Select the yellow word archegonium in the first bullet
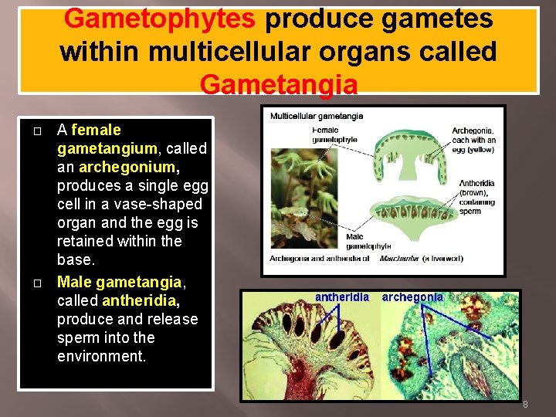127,167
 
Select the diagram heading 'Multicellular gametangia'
317,116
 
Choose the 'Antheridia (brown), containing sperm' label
476,197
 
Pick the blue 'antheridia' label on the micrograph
342,297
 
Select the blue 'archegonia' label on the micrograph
412,297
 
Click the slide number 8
525,405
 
